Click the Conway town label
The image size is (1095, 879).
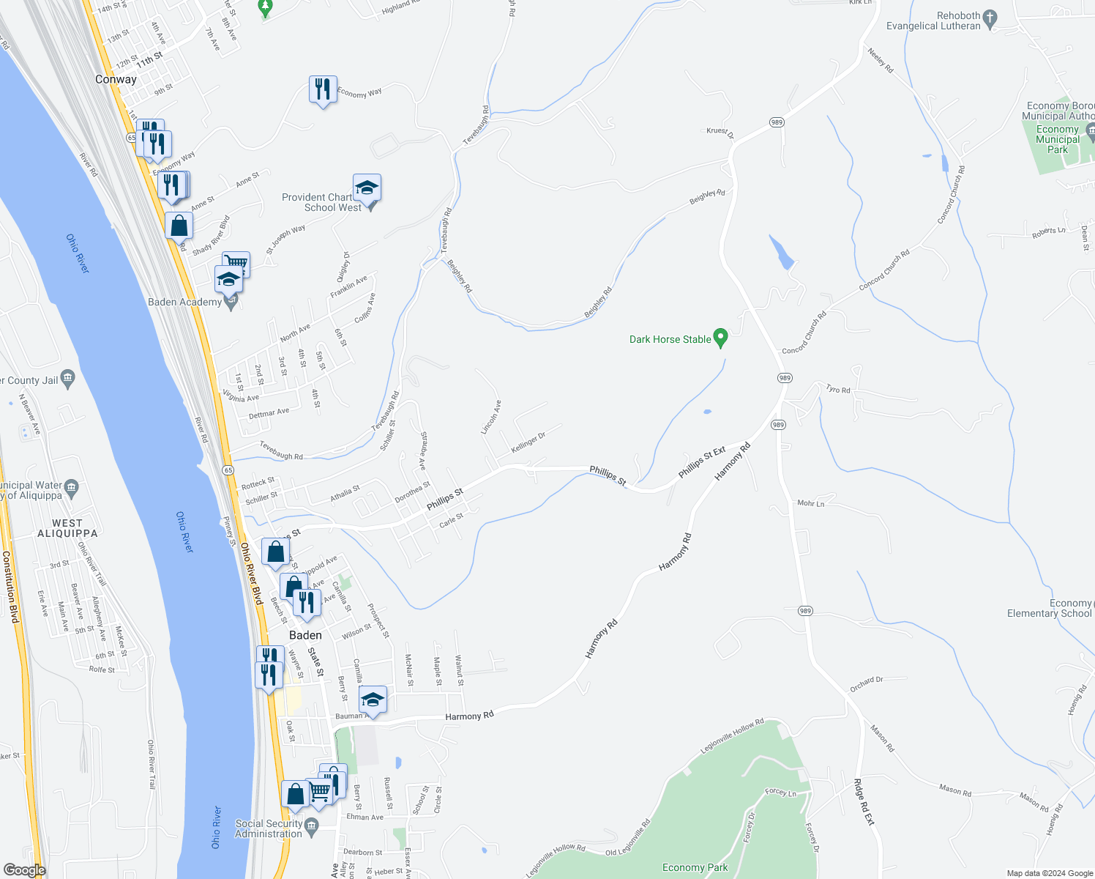(116, 79)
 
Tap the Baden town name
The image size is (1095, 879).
(305, 635)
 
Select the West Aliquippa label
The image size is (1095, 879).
(67, 528)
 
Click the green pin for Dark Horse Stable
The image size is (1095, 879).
(720, 338)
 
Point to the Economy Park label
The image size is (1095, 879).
(695, 867)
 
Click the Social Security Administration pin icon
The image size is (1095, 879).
(312, 828)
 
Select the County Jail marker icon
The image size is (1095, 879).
(68, 379)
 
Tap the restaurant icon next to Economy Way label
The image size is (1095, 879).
(322, 89)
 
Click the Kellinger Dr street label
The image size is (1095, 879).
(528, 442)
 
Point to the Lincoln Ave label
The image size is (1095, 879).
(490, 417)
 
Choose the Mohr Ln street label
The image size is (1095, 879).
(810, 503)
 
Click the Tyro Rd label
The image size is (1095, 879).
(838, 389)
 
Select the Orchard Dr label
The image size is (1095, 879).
(866, 684)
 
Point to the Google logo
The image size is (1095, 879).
(24, 870)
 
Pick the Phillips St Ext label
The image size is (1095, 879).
(701, 462)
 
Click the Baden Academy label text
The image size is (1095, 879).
(184, 302)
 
